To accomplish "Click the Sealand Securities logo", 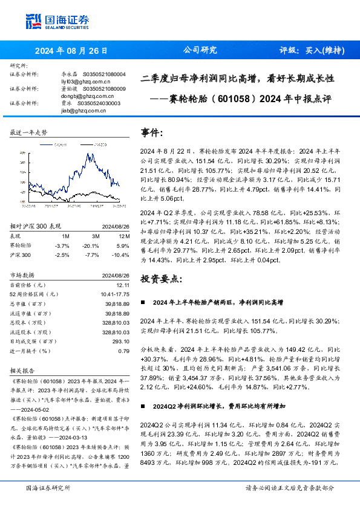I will (x=57, y=21).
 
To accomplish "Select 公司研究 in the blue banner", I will (x=200, y=50).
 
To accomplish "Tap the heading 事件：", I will (x=151, y=131).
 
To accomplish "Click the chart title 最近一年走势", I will (x=28, y=132).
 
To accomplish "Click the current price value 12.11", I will (x=123, y=285).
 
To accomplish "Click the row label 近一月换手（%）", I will (x=31, y=350).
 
